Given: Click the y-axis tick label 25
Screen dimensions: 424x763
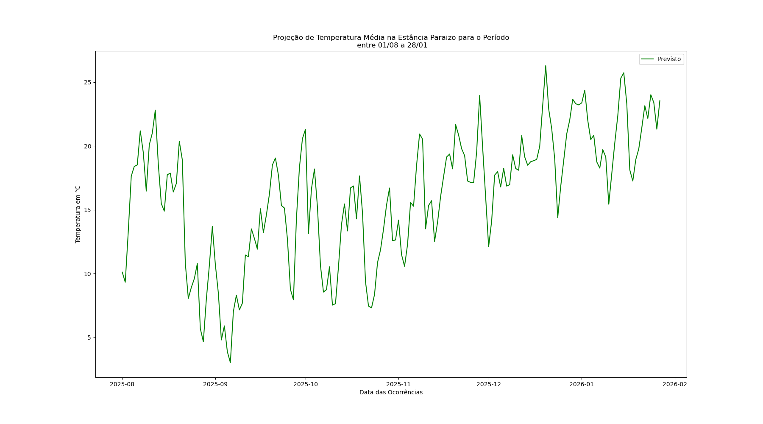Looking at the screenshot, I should (88, 82).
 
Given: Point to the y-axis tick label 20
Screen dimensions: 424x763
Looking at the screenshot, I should (88, 146).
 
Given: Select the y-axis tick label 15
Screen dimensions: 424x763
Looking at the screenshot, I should (88, 210).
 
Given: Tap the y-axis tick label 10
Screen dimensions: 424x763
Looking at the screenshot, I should (88, 274).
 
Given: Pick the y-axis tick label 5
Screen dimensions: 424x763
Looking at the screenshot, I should (89, 338).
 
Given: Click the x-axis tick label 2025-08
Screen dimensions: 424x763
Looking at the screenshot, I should (122, 385).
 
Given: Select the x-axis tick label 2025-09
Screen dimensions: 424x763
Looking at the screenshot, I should (215, 385).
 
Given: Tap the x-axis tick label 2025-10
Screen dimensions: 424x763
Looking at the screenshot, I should (305, 385).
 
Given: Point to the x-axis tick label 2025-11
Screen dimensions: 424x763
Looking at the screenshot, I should (398, 385).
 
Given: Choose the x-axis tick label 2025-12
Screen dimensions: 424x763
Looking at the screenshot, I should (489, 385).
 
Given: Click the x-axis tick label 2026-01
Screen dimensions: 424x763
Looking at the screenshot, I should (582, 385).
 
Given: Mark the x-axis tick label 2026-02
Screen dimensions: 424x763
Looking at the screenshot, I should (674, 385).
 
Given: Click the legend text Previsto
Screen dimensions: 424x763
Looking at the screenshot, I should (669, 59).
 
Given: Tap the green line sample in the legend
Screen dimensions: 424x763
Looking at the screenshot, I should (647, 59).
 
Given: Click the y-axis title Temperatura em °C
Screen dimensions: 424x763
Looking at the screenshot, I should (78, 214).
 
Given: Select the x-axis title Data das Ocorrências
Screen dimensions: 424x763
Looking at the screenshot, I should (391, 393).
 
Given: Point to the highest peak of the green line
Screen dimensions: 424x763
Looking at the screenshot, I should (546, 66).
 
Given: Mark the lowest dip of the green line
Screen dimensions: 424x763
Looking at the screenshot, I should (230, 362).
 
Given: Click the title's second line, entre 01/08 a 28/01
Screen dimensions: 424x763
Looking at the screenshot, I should (392, 45).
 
